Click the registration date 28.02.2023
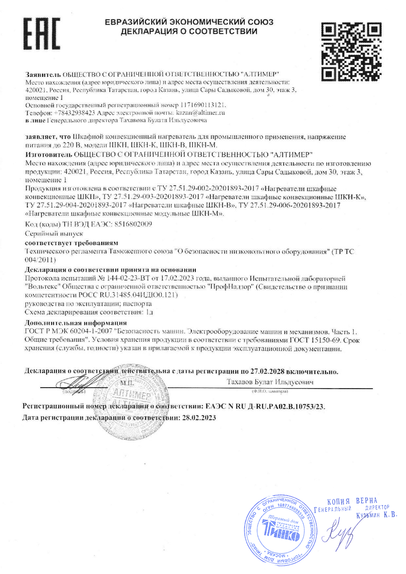click(x=196, y=417)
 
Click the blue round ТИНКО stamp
click(x=279, y=530)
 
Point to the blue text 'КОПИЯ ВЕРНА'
click(x=352, y=500)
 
